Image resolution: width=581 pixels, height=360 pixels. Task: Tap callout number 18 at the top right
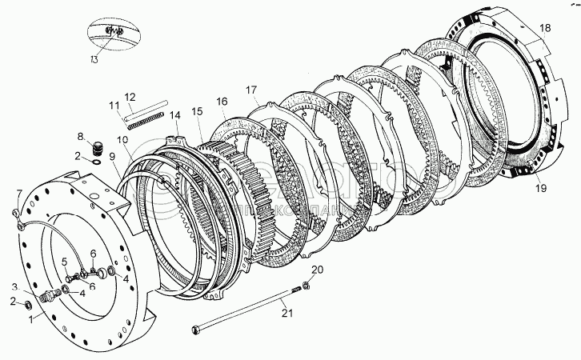click(545, 28)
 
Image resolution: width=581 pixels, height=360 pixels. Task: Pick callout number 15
click(195, 110)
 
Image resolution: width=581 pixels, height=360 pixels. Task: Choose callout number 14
click(175, 117)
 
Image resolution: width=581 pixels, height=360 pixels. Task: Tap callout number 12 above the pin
click(130, 97)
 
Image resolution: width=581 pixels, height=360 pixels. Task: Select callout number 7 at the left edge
click(18, 193)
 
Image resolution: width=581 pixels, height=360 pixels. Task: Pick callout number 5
click(65, 261)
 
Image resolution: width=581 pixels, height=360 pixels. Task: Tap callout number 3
click(14, 286)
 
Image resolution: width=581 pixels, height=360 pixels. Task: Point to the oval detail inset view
click(110, 36)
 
